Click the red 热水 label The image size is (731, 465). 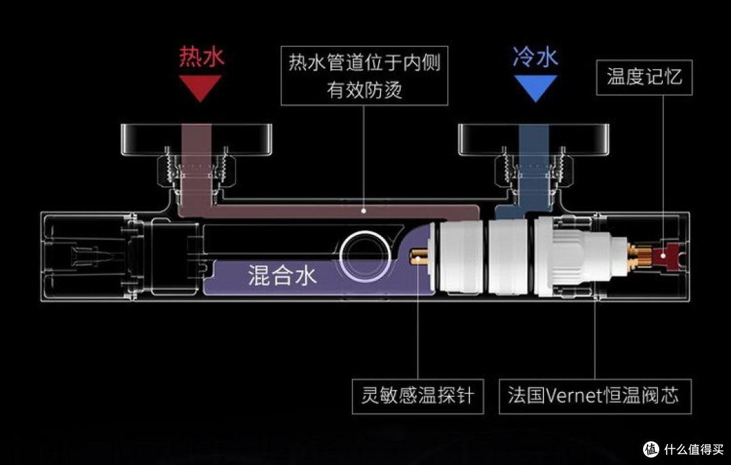point(201,57)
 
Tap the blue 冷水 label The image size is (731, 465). point(535,58)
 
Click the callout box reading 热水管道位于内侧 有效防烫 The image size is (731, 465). point(364,76)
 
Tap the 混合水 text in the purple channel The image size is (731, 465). point(282,275)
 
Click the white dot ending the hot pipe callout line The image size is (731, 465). point(363,211)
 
